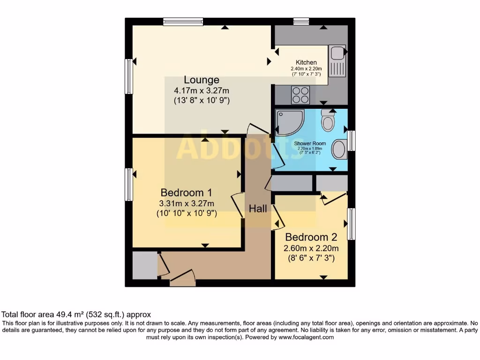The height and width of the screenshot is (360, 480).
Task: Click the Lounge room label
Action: tap(201, 80)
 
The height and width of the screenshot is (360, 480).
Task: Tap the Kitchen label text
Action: tap(306, 62)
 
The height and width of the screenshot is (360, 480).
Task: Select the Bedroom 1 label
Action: tap(186, 193)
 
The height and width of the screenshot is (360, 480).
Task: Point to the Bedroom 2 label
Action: tap(311, 237)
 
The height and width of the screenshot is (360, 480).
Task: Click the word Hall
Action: tap(258, 209)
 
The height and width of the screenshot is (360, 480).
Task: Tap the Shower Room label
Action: tap(306, 143)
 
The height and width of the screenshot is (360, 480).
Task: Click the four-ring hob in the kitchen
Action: tap(300, 95)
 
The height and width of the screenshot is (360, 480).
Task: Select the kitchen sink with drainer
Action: tap(337, 60)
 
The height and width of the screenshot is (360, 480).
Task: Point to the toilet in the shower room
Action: tap(328, 120)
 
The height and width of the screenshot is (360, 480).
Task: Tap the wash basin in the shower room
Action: tap(338, 150)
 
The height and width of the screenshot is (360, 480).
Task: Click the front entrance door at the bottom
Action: tap(182, 278)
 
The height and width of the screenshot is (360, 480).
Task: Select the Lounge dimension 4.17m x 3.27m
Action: tap(202, 90)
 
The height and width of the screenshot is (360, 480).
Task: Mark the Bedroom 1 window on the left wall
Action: tap(128, 185)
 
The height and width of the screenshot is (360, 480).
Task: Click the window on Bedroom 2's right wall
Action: tap(351, 224)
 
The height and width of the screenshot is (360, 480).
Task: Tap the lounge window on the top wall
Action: tap(183, 22)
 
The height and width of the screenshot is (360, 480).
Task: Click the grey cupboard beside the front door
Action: tap(144, 265)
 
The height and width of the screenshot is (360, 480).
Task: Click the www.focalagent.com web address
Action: tap(306, 337)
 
